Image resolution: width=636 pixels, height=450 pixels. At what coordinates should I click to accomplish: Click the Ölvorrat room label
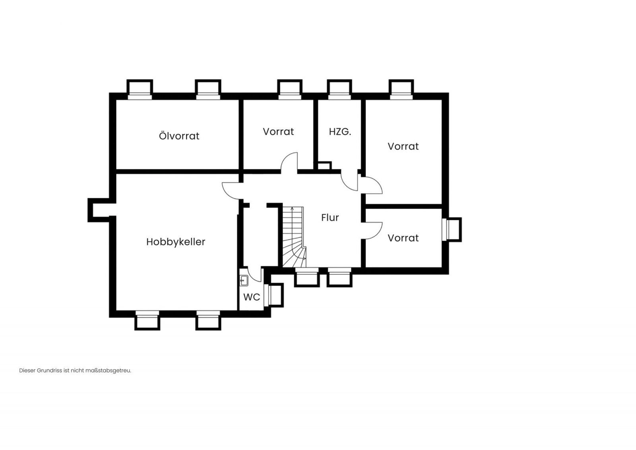click(x=179, y=136)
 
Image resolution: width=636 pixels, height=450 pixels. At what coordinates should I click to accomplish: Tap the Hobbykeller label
click(x=176, y=242)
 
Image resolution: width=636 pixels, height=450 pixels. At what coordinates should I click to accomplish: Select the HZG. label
click(x=340, y=132)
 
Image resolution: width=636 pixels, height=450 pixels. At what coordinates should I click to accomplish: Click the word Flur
click(x=330, y=217)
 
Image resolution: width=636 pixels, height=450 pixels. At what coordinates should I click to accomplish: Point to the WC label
click(x=252, y=297)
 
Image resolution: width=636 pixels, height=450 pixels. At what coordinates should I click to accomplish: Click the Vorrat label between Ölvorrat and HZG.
click(x=278, y=132)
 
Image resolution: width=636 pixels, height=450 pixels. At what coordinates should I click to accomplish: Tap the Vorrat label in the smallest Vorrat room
click(x=403, y=238)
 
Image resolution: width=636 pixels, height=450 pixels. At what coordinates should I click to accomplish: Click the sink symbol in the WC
click(x=244, y=281)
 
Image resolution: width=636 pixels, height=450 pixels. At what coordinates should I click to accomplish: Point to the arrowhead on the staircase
click(x=292, y=209)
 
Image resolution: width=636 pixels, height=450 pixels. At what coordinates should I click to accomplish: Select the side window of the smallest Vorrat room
click(x=452, y=229)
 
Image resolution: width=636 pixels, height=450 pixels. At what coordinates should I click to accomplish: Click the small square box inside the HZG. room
click(x=324, y=165)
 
